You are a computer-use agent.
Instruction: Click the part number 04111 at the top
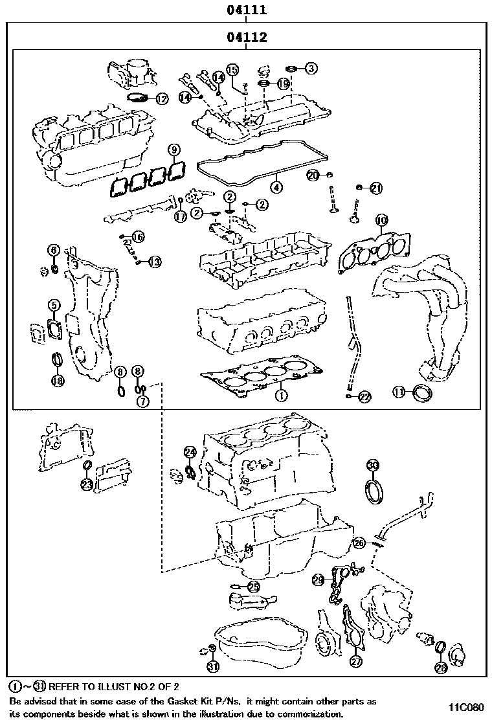point(247,10)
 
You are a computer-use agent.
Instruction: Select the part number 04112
point(247,38)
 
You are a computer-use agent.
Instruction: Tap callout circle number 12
point(161,99)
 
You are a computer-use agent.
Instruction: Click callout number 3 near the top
point(311,67)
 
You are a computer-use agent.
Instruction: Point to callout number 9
point(173,150)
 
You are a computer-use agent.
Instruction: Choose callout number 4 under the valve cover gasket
point(276,188)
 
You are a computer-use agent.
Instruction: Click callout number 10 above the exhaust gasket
point(381,221)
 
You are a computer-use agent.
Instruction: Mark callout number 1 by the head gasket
point(280,393)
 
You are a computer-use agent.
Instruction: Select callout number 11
point(399,392)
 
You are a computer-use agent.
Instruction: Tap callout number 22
point(365,397)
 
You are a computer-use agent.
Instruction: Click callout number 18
point(58,381)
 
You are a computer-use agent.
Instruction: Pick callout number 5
point(54,304)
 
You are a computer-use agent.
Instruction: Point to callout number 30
point(373,465)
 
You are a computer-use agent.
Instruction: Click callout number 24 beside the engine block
point(189,451)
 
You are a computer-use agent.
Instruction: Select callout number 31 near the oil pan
point(213,666)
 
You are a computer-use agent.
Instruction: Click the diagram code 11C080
point(466,706)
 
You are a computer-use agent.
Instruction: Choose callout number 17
point(180,217)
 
